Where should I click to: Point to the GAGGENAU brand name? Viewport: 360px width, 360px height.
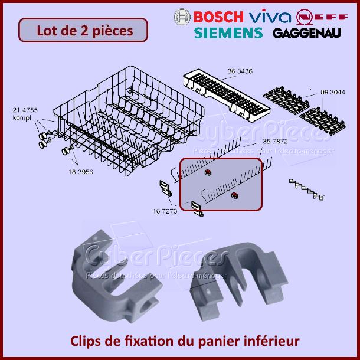point(307,33)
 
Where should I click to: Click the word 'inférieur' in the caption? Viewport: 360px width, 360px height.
point(274,341)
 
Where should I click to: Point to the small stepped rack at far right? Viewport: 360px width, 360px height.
point(306,188)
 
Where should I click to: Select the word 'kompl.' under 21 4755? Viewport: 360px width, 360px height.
point(22,117)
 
